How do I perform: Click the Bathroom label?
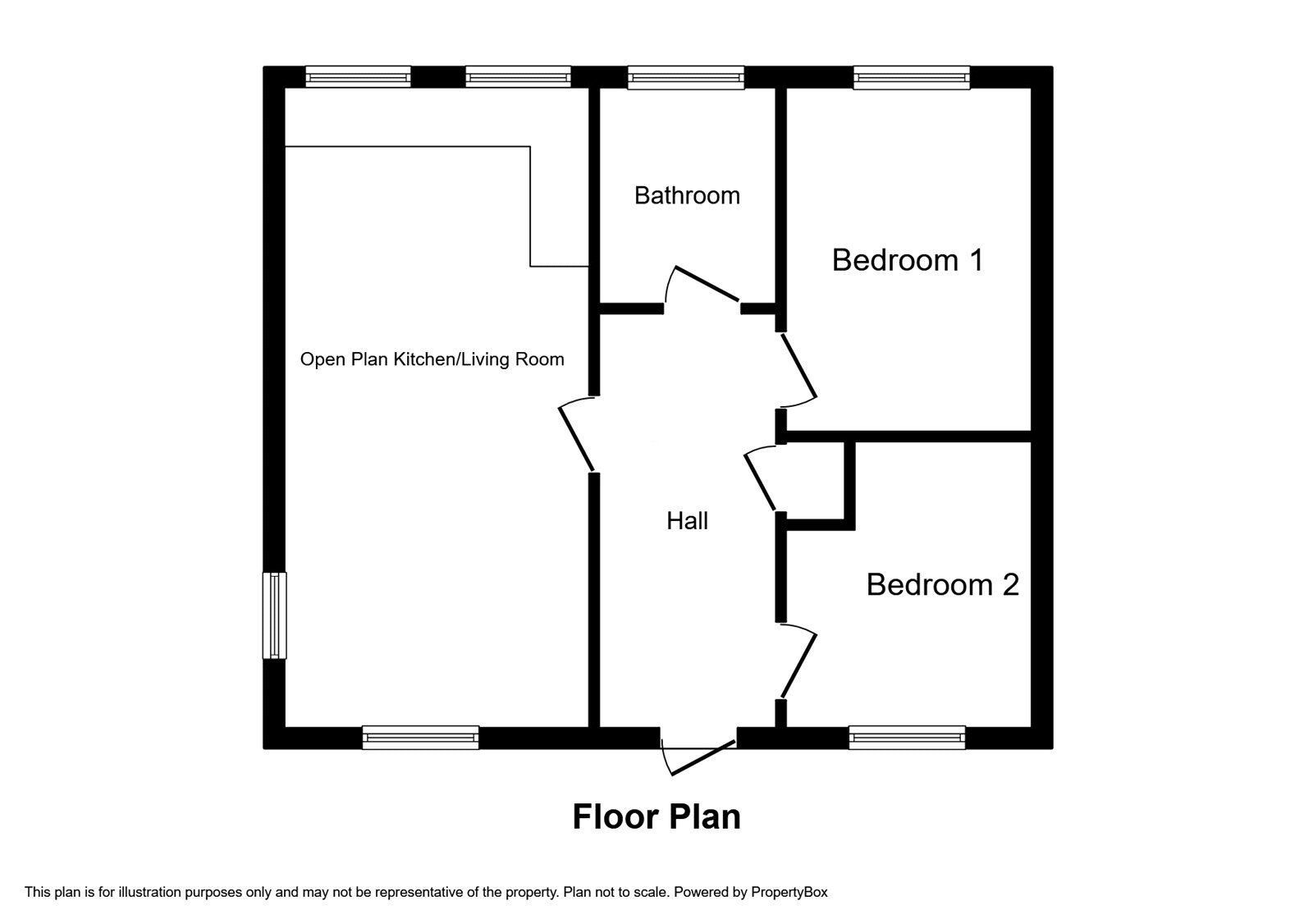[687, 195]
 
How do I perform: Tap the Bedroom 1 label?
[907, 259]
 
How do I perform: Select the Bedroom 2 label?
[942, 584]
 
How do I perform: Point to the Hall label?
[687, 520]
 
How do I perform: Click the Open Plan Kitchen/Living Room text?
[432, 359]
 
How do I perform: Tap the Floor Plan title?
[656, 816]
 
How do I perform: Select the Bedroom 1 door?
[798, 367]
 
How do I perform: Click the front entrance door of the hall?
[702, 757]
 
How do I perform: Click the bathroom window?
[686, 78]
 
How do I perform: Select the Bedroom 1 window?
[911, 78]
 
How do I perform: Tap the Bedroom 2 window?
[907, 738]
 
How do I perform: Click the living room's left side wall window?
[274, 615]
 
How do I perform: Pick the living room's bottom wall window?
[420, 738]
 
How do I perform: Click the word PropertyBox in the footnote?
[789, 892]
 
